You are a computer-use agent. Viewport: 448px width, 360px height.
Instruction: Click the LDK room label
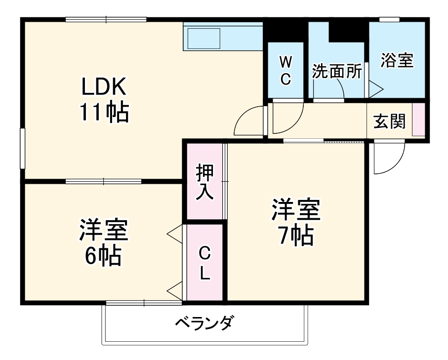[x=105, y=88]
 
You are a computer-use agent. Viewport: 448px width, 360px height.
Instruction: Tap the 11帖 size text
[x=105, y=113]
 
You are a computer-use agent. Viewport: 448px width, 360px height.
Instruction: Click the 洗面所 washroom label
[x=337, y=72]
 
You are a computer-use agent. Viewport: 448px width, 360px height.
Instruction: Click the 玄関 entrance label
[x=389, y=121]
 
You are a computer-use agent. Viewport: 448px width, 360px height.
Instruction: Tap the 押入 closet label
[x=204, y=182]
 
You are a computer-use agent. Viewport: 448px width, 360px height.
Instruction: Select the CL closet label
[x=204, y=263]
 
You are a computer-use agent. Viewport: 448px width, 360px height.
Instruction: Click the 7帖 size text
[x=295, y=237]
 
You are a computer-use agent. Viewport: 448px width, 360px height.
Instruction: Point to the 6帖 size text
[x=103, y=256]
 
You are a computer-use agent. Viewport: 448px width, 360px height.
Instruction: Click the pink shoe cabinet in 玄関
[x=418, y=119]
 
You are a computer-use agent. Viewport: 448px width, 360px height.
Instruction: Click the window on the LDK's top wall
[x=106, y=20]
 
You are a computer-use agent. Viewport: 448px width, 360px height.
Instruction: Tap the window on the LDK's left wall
[x=22, y=149]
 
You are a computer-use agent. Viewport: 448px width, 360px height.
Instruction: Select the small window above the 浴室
[x=389, y=19]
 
